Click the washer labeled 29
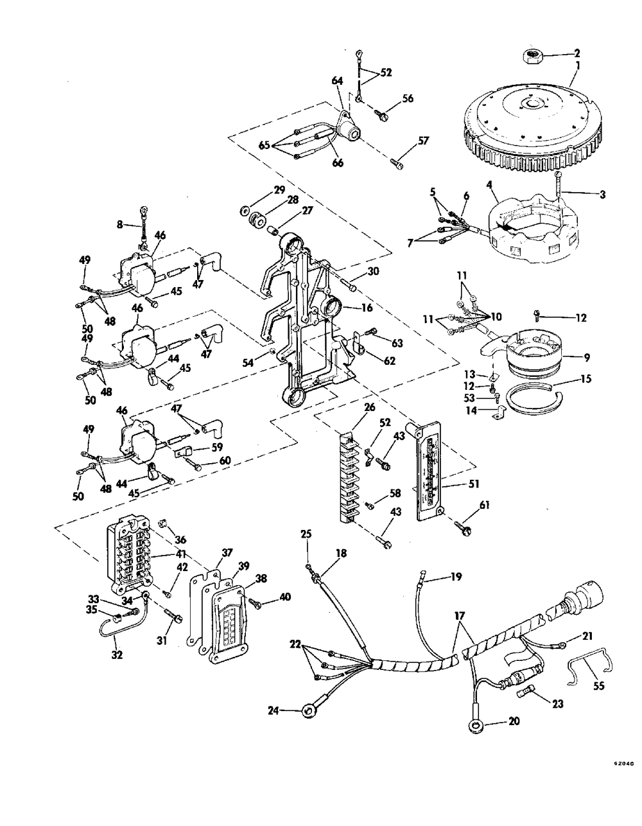click(x=246, y=210)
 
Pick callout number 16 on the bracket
click(x=367, y=308)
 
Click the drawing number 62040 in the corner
click(x=623, y=764)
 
